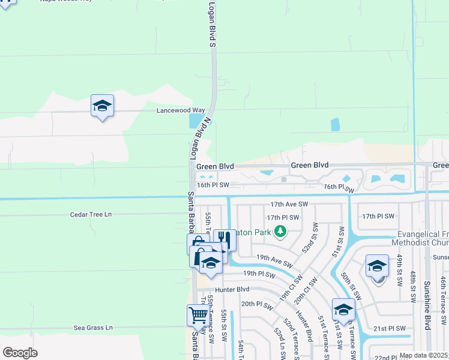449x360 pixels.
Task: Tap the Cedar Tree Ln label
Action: pyautogui.click(x=91, y=214)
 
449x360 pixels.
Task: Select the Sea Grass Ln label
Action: pyautogui.click(x=93, y=328)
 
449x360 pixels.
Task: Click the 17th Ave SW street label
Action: pyautogui.click(x=289, y=205)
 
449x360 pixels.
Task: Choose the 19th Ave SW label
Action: pyautogui.click(x=274, y=260)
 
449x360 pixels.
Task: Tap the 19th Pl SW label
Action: pyautogui.click(x=259, y=274)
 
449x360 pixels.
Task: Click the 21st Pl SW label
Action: pyautogui.click(x=389, y=328)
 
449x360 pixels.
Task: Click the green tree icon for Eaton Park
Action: pyautogui.click(x=280, y=231)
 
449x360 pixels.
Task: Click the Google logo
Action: pyautogui.click(x=20, y=353)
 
